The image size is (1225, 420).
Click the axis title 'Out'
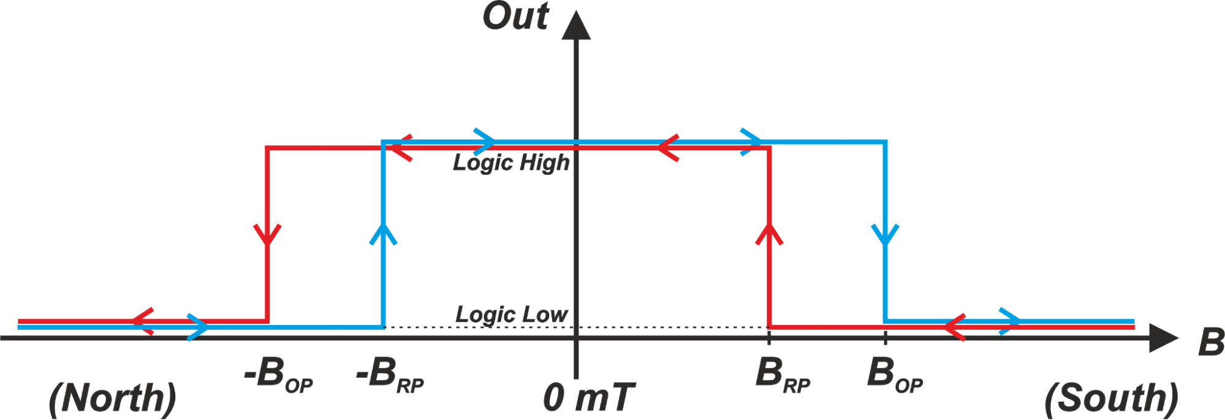(x=515, y=17)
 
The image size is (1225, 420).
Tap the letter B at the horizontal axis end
(x=1211, y=342)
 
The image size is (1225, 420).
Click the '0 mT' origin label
(x=588, y=397)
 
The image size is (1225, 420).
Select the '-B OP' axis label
(x=279, y=375)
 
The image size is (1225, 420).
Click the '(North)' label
(x=112, y=398)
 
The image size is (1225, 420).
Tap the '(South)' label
(x=1111, y=398)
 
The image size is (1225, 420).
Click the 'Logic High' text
(x=511, y=162)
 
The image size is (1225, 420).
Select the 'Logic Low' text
(x=511, y=314)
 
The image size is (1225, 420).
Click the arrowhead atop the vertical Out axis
(x=576, y=26)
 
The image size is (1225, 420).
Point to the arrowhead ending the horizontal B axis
(x=1162, y=338)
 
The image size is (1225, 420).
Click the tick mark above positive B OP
(x=885, y=337)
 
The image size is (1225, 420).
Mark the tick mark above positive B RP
(x=769, y=337)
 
